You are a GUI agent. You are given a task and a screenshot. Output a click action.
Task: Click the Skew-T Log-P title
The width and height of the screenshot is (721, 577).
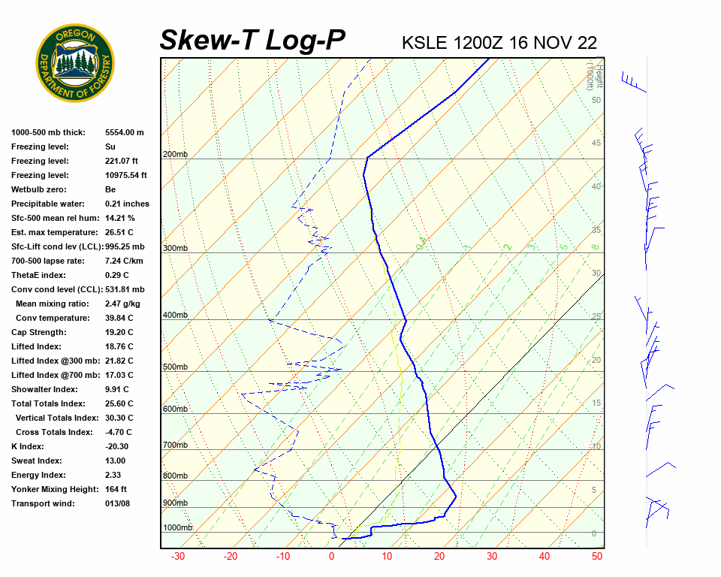(253, 40)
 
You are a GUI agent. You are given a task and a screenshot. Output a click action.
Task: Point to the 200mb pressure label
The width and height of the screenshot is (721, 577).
(175, 155)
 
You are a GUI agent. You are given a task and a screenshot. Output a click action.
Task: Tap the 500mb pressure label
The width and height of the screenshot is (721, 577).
(175, 367)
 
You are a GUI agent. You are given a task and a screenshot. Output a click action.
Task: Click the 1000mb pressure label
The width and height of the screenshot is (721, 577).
(177, 527)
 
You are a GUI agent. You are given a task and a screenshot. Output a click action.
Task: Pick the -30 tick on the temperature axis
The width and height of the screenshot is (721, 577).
(178, 557)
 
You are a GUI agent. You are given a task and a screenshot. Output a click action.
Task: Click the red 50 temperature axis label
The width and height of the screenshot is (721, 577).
(597, 557)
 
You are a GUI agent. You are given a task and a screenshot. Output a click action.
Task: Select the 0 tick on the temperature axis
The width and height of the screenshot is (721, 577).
(331, 557)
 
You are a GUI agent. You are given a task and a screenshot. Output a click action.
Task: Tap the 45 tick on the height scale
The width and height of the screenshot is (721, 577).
(596, 143)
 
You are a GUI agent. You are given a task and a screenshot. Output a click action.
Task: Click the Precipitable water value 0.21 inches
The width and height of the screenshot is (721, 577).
(127, 204)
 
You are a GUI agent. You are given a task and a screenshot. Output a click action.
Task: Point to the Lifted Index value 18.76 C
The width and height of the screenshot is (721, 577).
(119, 346)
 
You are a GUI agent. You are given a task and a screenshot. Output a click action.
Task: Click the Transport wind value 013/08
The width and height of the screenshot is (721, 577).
(117, 503)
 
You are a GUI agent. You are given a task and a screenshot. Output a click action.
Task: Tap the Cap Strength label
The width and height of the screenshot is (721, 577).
(38, 332)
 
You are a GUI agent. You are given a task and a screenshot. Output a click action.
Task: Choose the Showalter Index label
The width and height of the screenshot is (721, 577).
(44, 389)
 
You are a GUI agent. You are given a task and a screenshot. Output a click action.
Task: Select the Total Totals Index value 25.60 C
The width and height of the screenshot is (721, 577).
(119, 403)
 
